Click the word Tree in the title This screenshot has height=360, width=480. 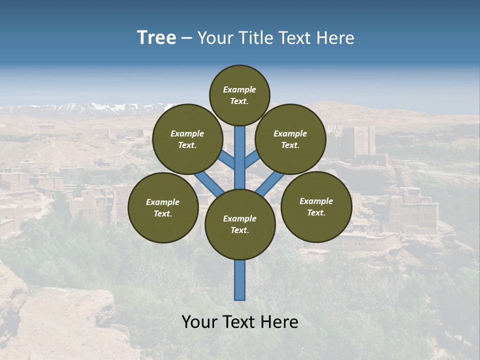pos(156,38)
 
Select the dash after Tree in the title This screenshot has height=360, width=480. pos(186,38)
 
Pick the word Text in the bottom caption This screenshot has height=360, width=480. pos(239,322)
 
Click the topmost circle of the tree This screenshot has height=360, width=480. pos(239,95)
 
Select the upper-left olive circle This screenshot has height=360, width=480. pos(187,139)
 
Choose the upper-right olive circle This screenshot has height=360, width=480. pos(290,139)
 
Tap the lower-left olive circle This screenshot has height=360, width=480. pos(163,208)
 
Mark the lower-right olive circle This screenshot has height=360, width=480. pos(316,206)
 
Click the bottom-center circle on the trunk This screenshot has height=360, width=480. pos(240,224)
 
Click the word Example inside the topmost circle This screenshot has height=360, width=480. pos(239,89)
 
